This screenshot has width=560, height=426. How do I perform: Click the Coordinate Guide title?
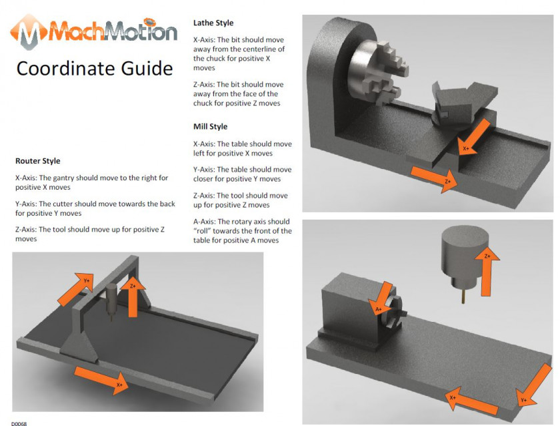[x=95, y=69]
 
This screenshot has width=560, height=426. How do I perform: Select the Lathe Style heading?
[x=213, y=23]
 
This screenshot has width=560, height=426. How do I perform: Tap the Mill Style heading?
[x=210, y=127]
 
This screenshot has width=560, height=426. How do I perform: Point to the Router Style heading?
[x=38, y=161]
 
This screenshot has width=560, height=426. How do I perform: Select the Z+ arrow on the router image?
[x=133, y=294]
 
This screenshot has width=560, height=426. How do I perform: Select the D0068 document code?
[x=19, y=422]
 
